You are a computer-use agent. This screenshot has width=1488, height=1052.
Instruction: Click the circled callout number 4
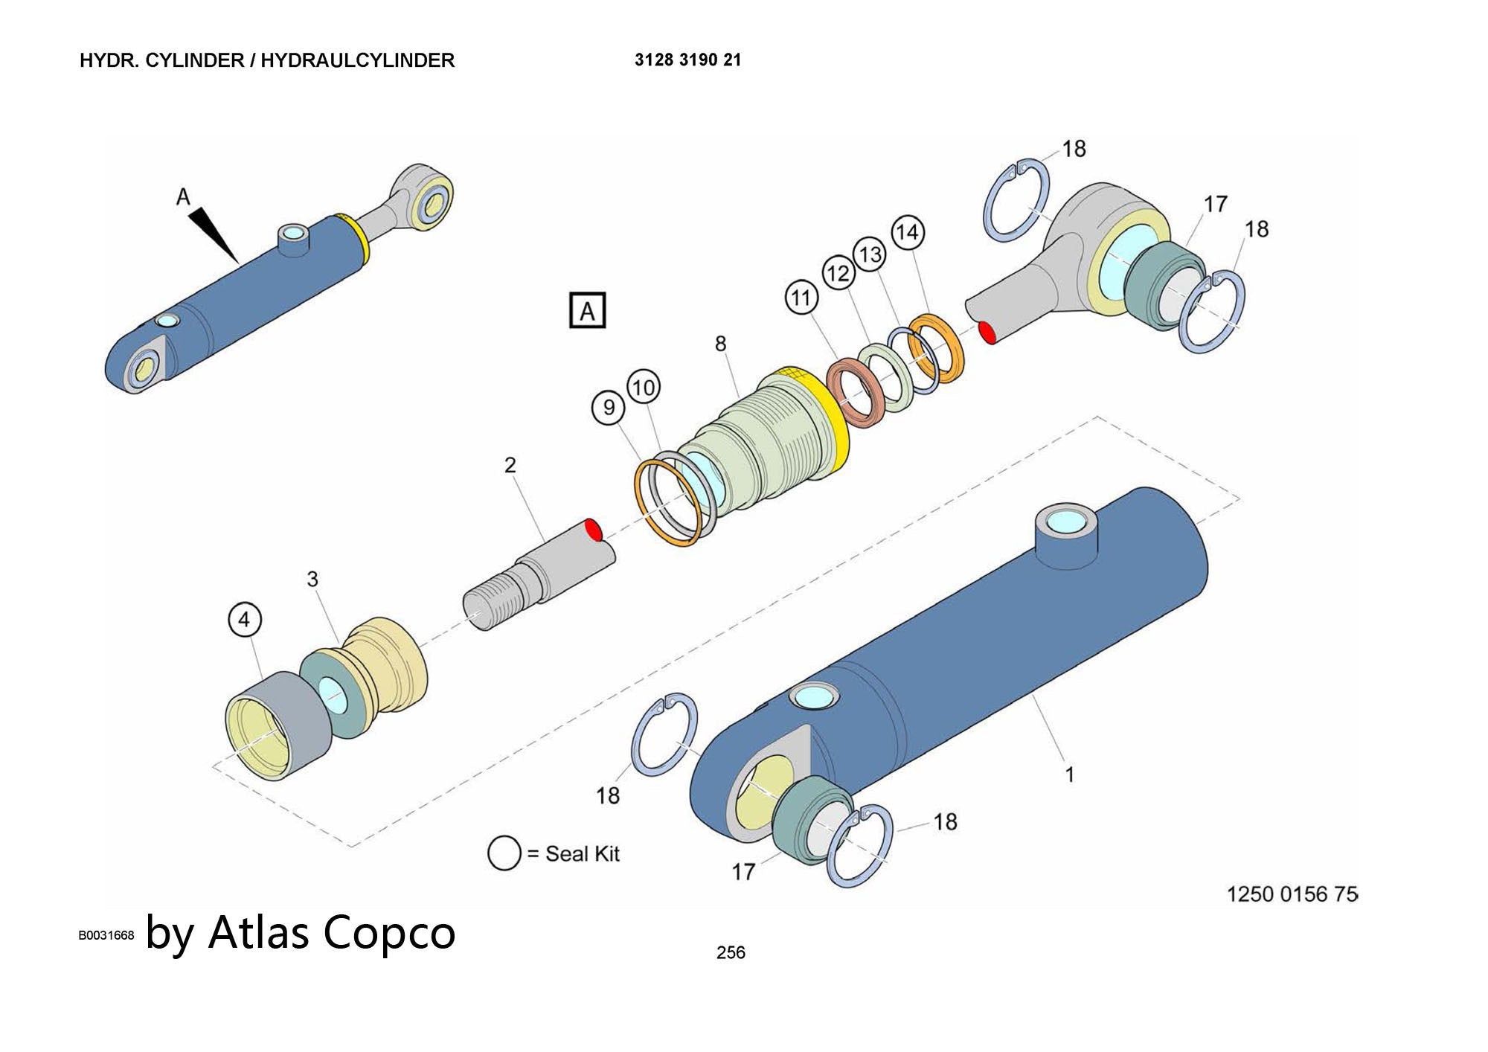246,619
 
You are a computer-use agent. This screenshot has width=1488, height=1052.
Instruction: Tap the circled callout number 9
609,408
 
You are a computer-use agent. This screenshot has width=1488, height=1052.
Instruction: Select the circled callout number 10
644,387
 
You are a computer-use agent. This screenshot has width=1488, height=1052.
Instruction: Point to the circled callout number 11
801,298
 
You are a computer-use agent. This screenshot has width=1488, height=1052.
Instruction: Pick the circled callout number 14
908,232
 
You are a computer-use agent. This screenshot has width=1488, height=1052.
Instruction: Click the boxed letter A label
588,310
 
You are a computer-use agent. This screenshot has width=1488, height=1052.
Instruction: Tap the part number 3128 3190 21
687,60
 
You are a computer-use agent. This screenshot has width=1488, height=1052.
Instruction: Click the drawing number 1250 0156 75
1292,894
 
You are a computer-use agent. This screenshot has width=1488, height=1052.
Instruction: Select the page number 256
731,952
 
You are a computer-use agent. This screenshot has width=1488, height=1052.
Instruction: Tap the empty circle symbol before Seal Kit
504,853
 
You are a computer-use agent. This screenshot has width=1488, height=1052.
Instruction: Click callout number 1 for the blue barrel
1069,774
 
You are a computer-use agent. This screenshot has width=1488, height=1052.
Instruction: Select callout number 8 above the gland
720,344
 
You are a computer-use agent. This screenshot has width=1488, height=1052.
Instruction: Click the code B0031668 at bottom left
106,935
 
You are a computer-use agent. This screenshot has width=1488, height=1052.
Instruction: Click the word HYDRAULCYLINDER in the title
357,60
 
